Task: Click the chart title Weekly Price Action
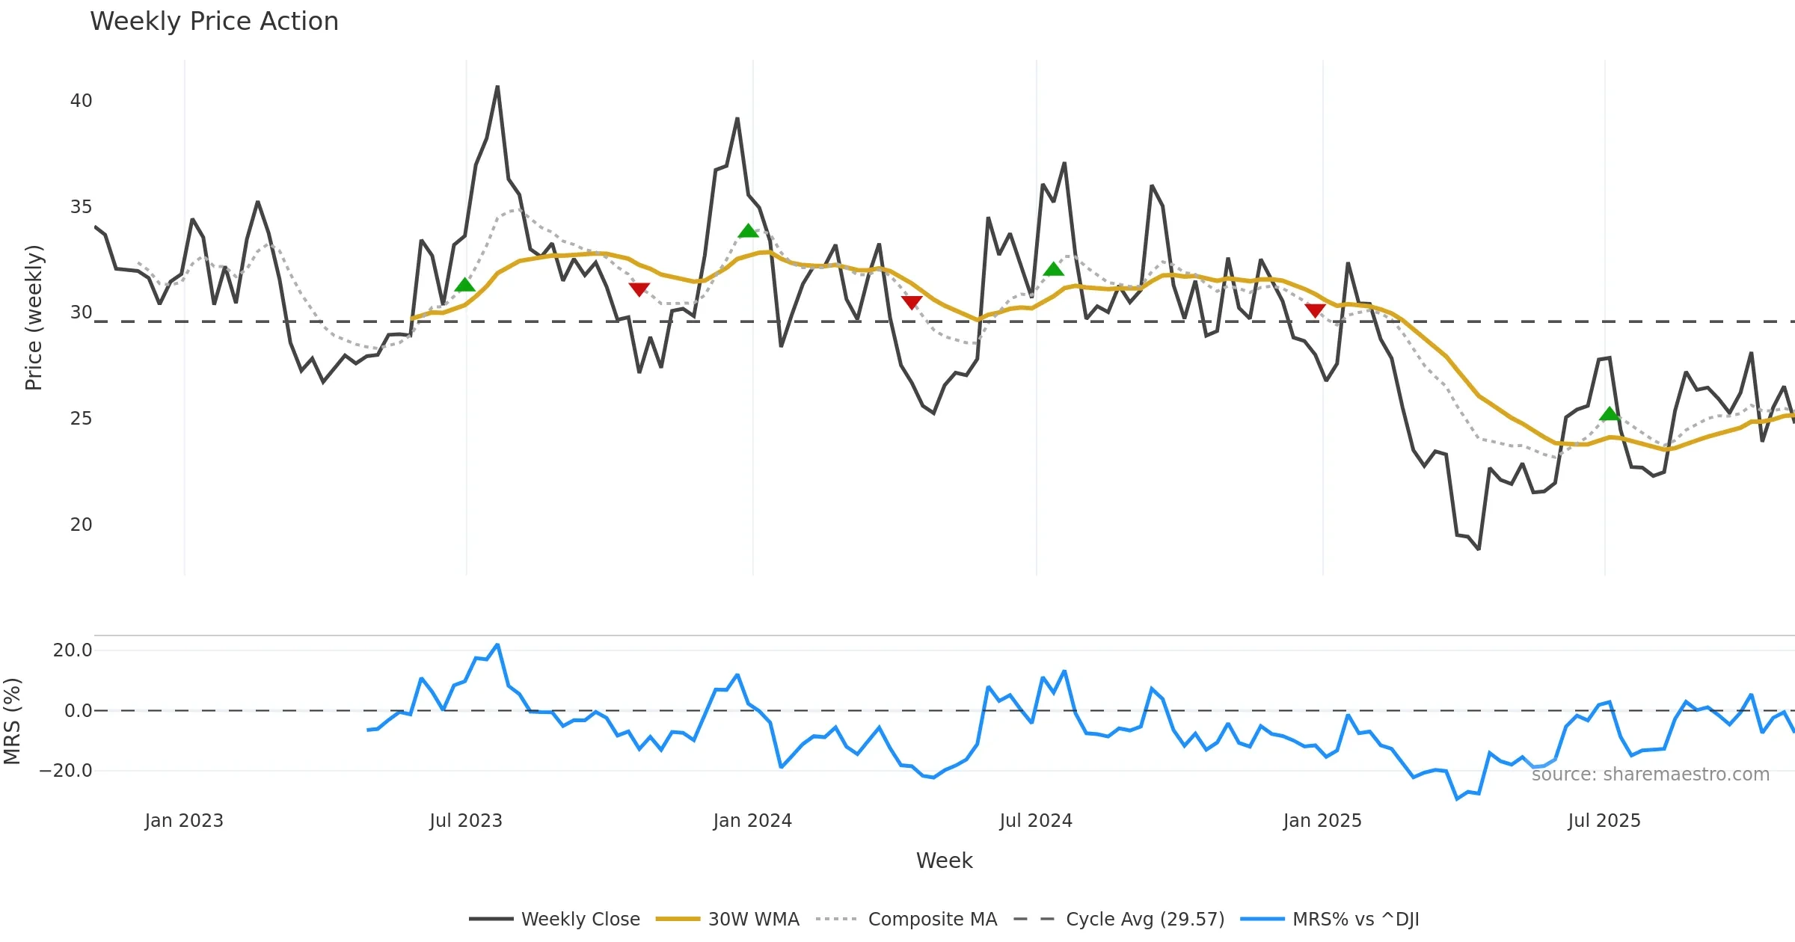[x=214, y=22]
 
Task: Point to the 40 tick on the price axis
[x=81, y=101]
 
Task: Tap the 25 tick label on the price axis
[x=81, y=419]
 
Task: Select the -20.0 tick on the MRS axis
[x=66, y=771]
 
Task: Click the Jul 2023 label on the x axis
[x=466, y=821]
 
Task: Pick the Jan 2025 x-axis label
[x=1322, y=821]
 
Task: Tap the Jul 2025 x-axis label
[x=1604, y=821]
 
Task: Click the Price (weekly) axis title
[x=34, y=318]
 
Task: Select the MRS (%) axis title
[x=12, y=721]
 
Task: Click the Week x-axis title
[x=944, y=861]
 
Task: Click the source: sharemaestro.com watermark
[x=1650, y=775]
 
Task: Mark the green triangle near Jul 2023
[x=465, y=285]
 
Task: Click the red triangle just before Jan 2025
[x=1315, y=310]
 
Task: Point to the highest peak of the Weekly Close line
[x=497, y=87]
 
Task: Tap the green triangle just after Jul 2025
[x=1610, y=414]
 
